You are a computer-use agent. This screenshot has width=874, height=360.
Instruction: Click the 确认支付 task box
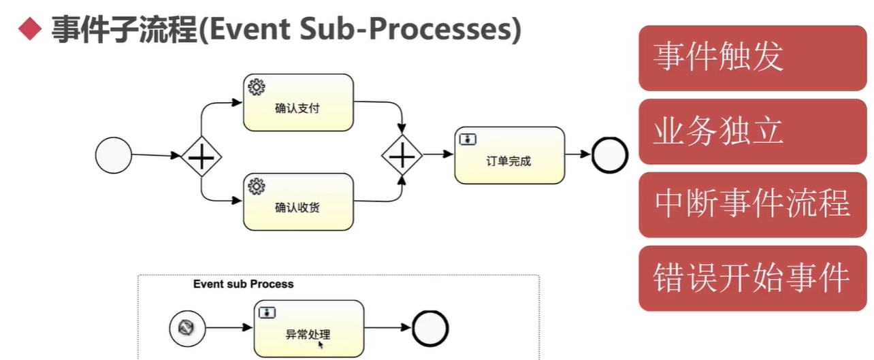(x=298, y=103)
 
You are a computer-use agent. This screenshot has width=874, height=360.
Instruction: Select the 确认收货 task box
(x=298, y=201)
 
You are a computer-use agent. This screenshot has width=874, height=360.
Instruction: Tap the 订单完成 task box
(x=509, y=155)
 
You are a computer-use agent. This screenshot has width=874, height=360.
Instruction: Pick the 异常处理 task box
(x=308, y=329)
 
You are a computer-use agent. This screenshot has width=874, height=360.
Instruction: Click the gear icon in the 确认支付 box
(x=257, y=87)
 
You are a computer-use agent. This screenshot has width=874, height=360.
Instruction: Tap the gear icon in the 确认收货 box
(x=257, y=186)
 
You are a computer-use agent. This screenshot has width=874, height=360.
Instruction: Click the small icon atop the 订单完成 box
(x=468, y=139)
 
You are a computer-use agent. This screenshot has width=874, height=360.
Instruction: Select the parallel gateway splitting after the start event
(x=201, y=157)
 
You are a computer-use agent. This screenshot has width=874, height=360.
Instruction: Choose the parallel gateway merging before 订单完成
(x=402, y=156)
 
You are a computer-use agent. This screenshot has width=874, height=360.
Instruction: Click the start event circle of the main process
(x=113, y=154)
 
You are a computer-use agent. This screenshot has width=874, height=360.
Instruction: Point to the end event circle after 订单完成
(x=609, y=155)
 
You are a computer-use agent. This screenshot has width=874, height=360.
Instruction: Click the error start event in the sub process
(x=187, y=329)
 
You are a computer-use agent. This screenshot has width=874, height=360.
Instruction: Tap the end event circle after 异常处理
(x=430, y=329)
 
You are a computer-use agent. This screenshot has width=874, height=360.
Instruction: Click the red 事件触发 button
(x=752, y=57)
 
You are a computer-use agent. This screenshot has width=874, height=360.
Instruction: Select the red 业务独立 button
(x=752, y=131)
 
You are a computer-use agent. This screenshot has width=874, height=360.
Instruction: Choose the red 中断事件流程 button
(x=752, y=204)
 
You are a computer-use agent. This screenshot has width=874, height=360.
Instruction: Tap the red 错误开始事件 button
(x=752, y=278)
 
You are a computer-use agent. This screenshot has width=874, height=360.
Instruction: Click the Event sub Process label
(x=243, y=284)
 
